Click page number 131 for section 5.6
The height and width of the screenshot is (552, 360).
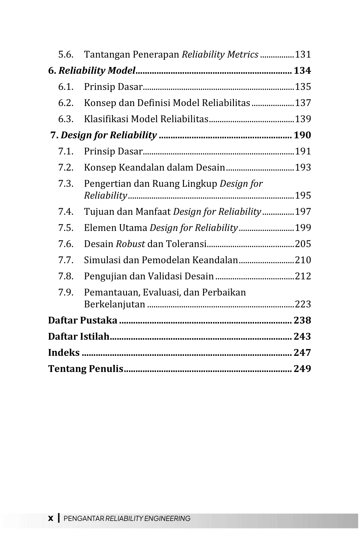point(303,55)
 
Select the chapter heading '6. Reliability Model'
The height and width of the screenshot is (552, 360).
point(92,71)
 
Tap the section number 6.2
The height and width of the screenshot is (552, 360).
point(66,103)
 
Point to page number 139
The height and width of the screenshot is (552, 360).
point(303,119)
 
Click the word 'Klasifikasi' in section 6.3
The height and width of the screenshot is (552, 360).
point(106,119)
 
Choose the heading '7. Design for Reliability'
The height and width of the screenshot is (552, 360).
point(104,135)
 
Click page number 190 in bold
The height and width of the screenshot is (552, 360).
point(302,135)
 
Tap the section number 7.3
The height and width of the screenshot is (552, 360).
point(66,184)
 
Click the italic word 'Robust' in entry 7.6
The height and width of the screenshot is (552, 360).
point(130,244)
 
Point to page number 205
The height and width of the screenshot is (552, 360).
point(303,244)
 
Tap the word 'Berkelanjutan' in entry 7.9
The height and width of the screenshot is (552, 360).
point(115,304)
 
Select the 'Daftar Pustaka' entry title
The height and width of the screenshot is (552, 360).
point(83,320)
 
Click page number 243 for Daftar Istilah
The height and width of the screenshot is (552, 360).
point(302,337)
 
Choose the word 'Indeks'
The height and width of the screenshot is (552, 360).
point(64,353)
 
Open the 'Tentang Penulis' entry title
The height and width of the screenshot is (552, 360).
point(86,369)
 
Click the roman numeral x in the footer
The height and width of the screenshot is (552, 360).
point(51,518)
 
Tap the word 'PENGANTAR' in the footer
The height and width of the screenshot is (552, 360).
point(84,518)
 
